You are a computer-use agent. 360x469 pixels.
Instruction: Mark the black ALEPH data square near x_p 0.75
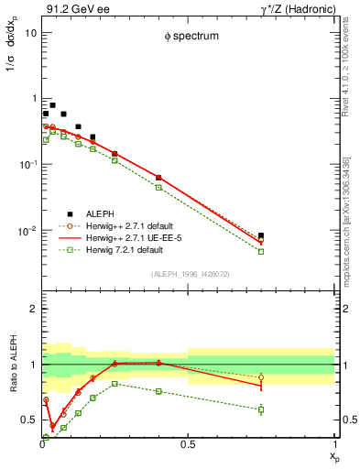point(261,235)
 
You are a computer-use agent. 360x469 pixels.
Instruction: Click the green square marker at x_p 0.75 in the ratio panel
point(261,409)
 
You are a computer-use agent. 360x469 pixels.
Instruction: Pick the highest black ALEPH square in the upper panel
point(52,105)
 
